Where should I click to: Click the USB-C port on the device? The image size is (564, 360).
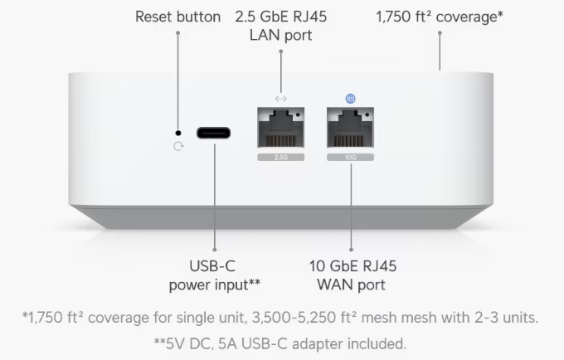[x=213, y=133]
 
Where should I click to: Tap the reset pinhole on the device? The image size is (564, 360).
[x=178, y=133]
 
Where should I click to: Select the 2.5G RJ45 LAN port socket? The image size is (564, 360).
[x=281, y=127]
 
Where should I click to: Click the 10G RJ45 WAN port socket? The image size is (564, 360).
[x=350, y=127]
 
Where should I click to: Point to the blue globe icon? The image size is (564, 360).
[x=350, y=99]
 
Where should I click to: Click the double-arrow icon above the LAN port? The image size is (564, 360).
[x=281, y=99]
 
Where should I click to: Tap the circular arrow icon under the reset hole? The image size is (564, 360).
[x=178, y=146]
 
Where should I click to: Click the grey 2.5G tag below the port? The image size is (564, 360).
[x=281, y=157]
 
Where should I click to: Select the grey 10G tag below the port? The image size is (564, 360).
[x=350, y=157]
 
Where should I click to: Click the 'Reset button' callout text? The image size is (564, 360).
[x=177, y=17]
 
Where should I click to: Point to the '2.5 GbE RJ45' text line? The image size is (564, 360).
[x=281, y=17]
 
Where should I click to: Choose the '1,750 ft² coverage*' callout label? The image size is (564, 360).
[x=440, y=17]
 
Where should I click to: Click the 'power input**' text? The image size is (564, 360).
[x=214, y=285]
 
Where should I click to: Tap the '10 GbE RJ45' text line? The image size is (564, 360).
[x=352, y=266]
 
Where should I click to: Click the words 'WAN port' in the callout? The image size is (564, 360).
[x=351, y=285]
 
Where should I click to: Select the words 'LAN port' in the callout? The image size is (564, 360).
[x=281, y=35]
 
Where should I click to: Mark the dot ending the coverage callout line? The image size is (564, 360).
[x=440, y=33]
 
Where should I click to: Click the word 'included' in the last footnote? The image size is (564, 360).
[x=377, y=343]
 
